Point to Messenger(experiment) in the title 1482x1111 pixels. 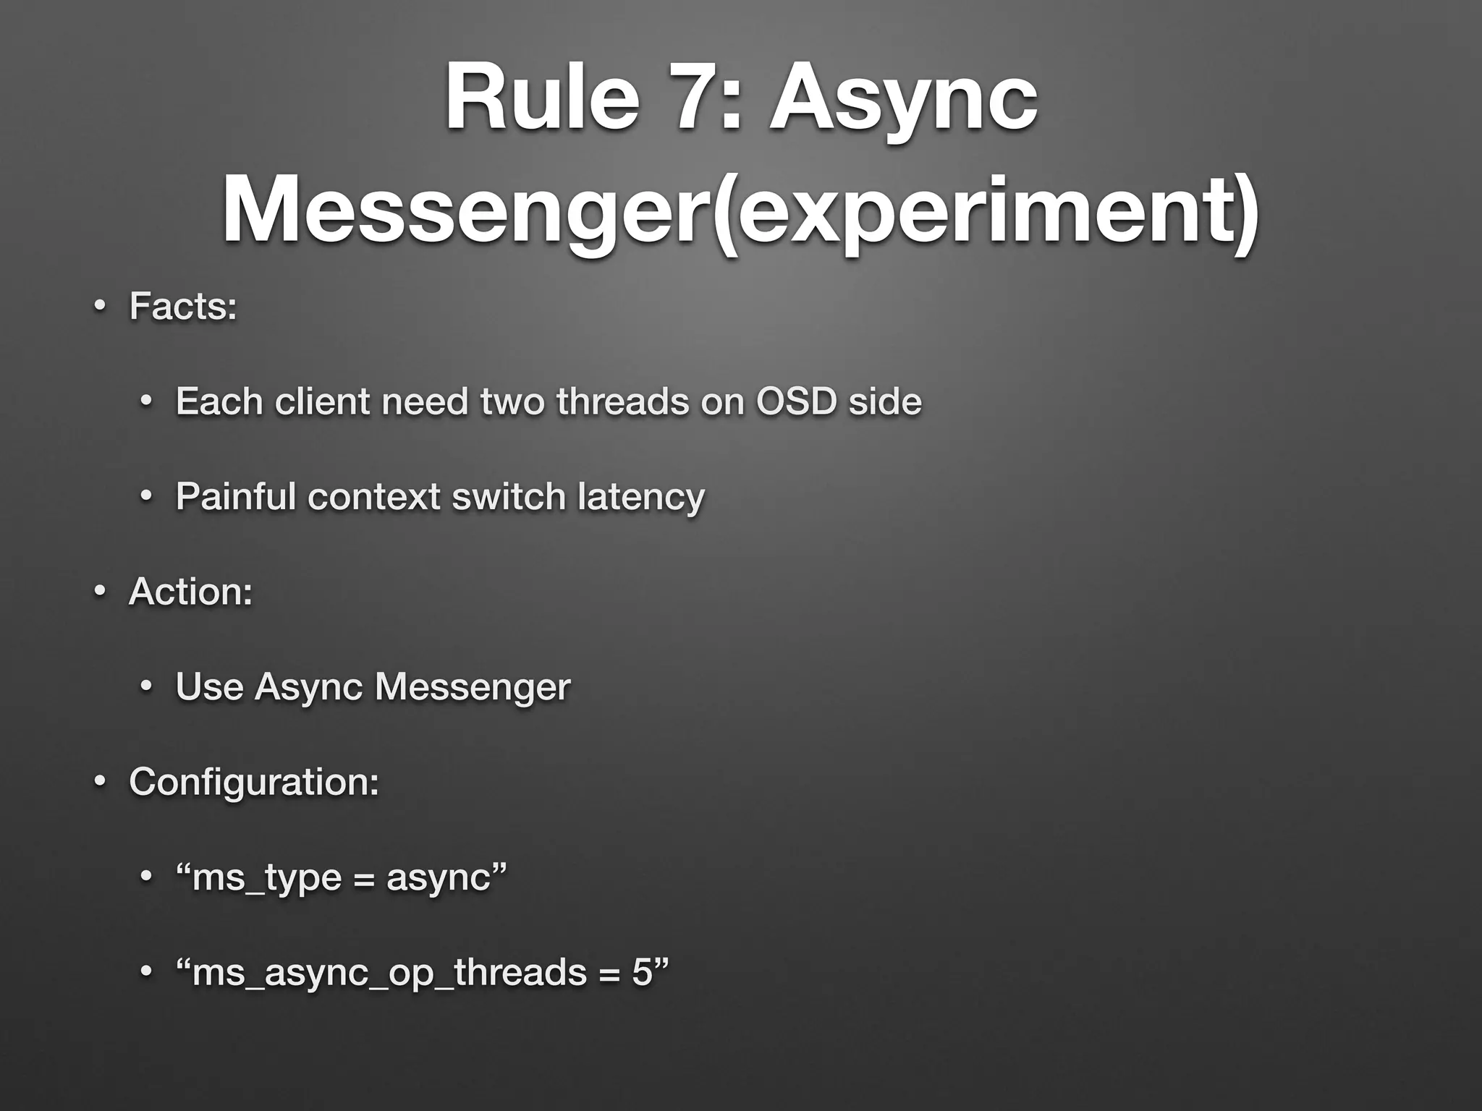point(740,210)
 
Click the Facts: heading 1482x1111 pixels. point(183,306)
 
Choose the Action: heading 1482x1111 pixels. point(190,591)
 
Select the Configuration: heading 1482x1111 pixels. point(253,782)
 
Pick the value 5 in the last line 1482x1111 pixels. point(642,972)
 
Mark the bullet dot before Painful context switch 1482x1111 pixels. point(146,497)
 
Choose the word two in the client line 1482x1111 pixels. point(513,401)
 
